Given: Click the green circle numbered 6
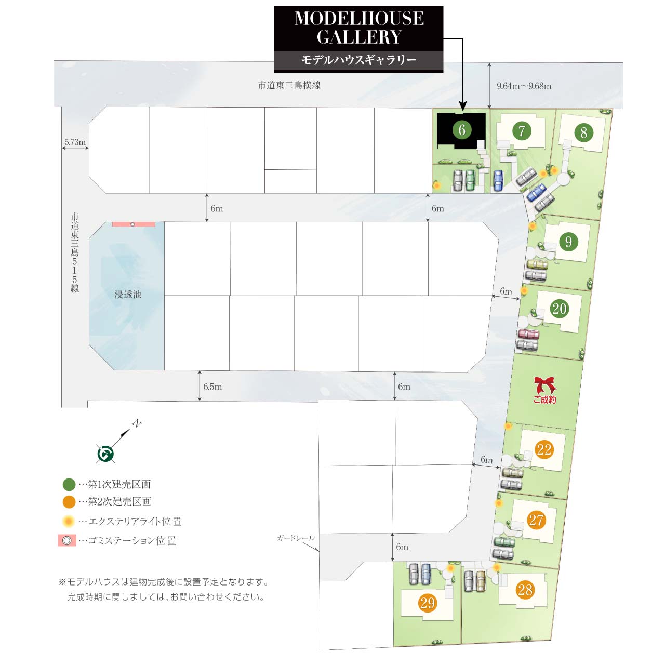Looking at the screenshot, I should tap(462, 129).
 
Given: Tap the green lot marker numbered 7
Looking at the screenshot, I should tap(522, 130).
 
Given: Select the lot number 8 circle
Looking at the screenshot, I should tap(583, 132).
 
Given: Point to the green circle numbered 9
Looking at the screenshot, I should tap(568, 242).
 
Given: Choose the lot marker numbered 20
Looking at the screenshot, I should tap(559, 309).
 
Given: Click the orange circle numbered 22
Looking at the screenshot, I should tap(544, 449).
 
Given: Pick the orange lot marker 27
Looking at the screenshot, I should tap(536, 520).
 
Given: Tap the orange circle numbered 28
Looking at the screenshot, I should tap(525, 590).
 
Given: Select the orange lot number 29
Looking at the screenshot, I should tap(427, 603).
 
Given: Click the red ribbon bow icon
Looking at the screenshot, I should tap(544, 385).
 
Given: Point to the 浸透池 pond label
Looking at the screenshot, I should tap(128, 295).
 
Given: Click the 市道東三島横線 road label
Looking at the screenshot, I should tap(289, 85).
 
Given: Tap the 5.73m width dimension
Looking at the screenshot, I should tap(75, 142).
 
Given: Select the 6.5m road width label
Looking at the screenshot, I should tap(212, 387).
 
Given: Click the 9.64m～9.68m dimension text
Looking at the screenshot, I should tap(524, 86).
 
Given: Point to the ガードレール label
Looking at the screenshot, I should tap(296, 538).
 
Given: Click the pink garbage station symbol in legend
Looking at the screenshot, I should tap(66, 540).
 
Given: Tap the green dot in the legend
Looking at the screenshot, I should tap(69, 484).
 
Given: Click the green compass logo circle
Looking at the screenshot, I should tap(105, 454).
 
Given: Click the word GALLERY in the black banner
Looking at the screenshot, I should tap(359, 37).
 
